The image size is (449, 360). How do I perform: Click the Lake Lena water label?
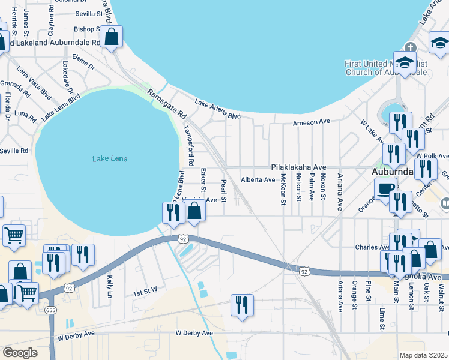[x=110, y=159]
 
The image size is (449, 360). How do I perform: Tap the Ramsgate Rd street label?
[x=167, y=103]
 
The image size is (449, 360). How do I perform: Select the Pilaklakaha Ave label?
[x=298, y=167]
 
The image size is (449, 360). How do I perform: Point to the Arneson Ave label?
[x=312, y=122]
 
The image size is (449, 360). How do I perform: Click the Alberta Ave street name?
[x=258, y=179]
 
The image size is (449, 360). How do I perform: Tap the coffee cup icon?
[x=385, y=188]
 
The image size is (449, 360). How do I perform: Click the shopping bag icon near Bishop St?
[x=112, y=37]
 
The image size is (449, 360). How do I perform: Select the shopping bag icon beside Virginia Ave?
[x=194, y=211]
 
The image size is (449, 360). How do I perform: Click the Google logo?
[x=20, y=353]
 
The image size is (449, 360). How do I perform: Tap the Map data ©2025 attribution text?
[x=424, y=355]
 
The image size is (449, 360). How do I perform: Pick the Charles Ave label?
[x=372, y=247]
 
